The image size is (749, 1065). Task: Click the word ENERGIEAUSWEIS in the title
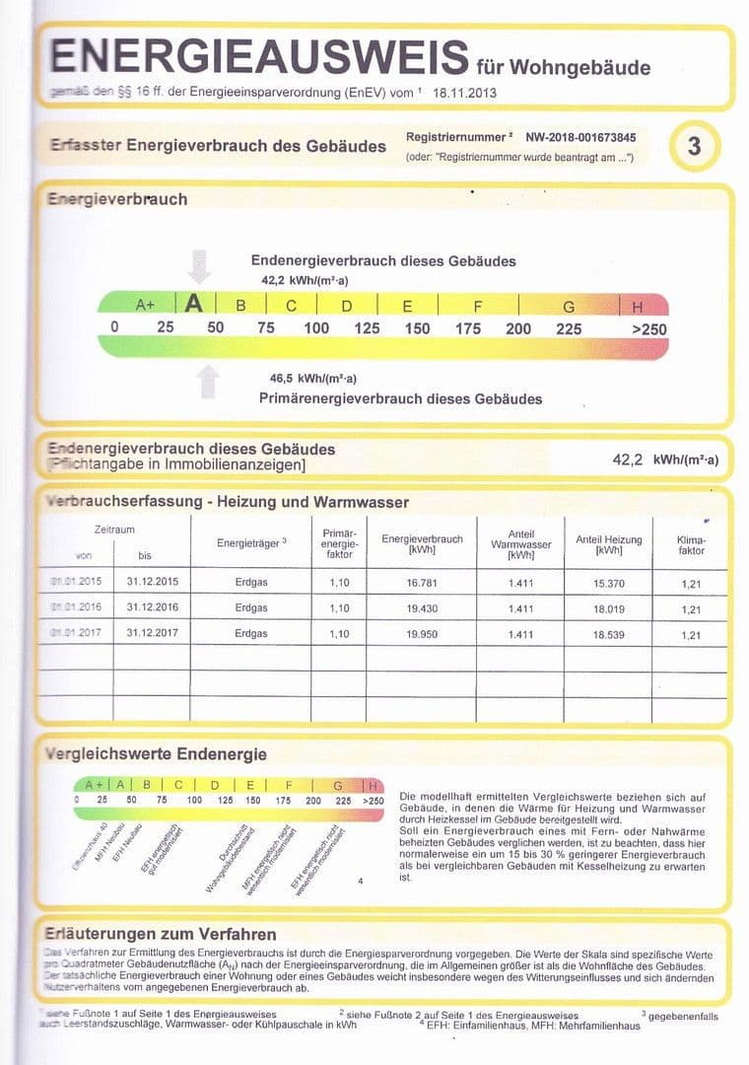point(258,56)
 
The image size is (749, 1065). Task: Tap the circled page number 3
point(694,147)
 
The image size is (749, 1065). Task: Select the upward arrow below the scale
point(207,381)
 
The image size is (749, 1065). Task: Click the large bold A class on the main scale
point(194,304)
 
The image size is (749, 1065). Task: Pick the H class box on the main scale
point(637,307)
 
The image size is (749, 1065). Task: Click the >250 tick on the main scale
point(647,328)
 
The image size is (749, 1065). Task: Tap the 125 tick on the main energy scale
point(367,328)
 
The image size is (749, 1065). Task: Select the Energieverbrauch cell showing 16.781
point(421,584)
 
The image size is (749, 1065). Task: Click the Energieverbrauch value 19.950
point(421,634)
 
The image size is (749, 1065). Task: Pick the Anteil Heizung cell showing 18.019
point(608,609)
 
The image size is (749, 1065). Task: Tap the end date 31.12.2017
point(153,634)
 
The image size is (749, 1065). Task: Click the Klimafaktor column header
point(691,545)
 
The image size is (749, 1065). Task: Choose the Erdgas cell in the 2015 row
point(251,584)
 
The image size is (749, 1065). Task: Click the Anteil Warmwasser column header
point(519,544)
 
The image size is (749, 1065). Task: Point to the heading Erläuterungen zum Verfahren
point(162,934)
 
